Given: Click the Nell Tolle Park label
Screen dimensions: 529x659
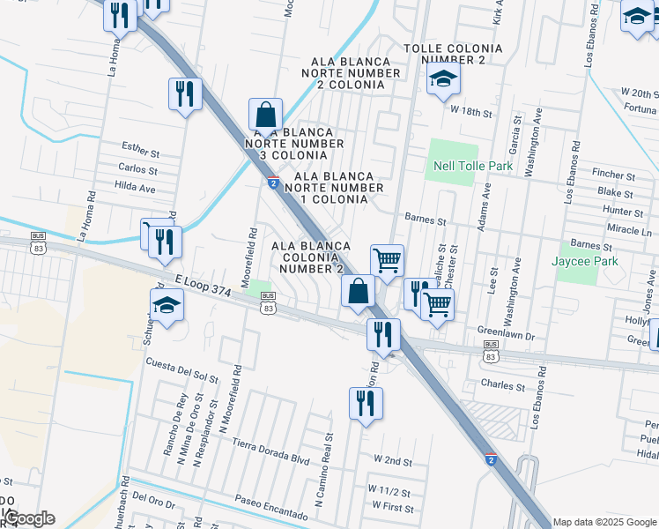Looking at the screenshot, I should [x=473, y=166].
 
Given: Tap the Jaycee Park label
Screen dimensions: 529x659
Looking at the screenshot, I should [x=585, y=261].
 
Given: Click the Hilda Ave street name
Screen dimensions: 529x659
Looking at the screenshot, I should [x=135, y=187].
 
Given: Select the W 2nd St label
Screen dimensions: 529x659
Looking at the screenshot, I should [x=393, y=460].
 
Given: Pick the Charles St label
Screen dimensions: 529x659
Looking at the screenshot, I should [x=502, y=385].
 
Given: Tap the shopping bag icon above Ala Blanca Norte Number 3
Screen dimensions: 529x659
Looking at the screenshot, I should [x=264, y=115].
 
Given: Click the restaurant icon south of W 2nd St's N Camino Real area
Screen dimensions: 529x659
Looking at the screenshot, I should [x=365, y=404].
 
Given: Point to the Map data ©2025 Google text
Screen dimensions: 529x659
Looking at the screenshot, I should [x=603, y=522].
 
